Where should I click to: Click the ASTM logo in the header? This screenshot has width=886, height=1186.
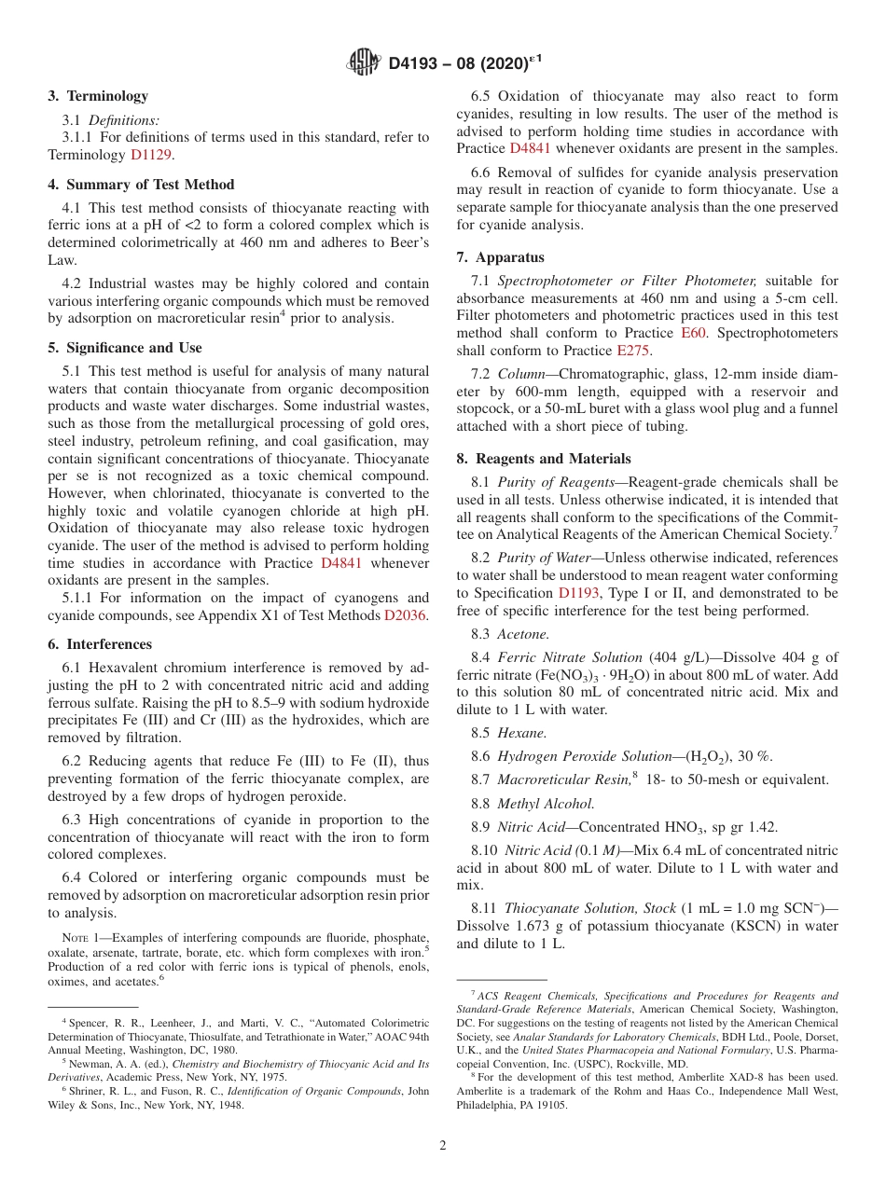tap(364, 62)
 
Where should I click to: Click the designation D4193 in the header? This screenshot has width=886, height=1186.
tap(418, 63)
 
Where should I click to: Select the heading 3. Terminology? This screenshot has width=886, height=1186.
tap(98, 95)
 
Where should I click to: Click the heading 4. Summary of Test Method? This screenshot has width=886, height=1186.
tap(141, 185)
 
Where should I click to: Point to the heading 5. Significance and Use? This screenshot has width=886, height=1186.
tap(124, 348)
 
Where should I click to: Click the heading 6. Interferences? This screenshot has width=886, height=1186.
tap(100, 644)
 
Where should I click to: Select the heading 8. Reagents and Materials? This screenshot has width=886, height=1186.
tap(544, 459)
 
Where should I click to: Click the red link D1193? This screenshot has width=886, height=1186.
tap(579, 593)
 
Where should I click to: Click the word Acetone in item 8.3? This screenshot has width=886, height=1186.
tap(522, 634)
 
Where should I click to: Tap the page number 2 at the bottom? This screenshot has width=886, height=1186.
tap(443, 1145)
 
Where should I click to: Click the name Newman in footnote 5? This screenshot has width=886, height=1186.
tap(89, 1063)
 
